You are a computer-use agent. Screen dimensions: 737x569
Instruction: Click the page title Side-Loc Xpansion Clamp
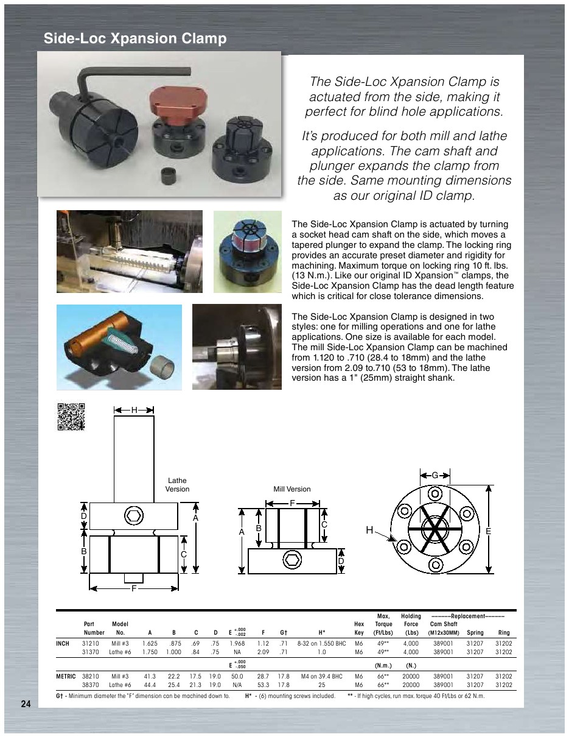coord(135,39)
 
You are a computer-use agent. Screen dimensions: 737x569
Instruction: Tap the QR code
coord(71,417)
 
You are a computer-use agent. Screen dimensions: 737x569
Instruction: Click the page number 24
coord(25,704)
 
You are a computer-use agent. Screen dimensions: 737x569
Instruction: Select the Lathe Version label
coord(177,485)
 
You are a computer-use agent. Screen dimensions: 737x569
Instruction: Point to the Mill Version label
coord(292,489)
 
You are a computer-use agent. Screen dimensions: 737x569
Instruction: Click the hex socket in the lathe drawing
coord(134,515)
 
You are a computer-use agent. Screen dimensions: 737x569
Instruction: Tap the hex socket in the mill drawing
coord(292,559)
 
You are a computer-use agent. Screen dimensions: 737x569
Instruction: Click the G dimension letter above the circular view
coord(435,475)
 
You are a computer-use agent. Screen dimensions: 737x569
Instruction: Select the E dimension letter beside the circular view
coord(487,532)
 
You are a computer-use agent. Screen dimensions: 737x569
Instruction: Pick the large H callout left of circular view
coord(369,531)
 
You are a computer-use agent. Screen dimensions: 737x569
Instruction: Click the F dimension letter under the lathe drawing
coord(134,590)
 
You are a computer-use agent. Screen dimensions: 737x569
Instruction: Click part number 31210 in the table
coord(91,643)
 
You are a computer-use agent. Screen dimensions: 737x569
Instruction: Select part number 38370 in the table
coord(91,685)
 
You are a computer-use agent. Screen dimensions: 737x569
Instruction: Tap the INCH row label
coord(63,643)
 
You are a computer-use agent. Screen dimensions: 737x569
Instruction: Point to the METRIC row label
coord(66,676)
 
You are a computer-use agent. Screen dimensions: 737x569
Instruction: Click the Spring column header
coord(475,632)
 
